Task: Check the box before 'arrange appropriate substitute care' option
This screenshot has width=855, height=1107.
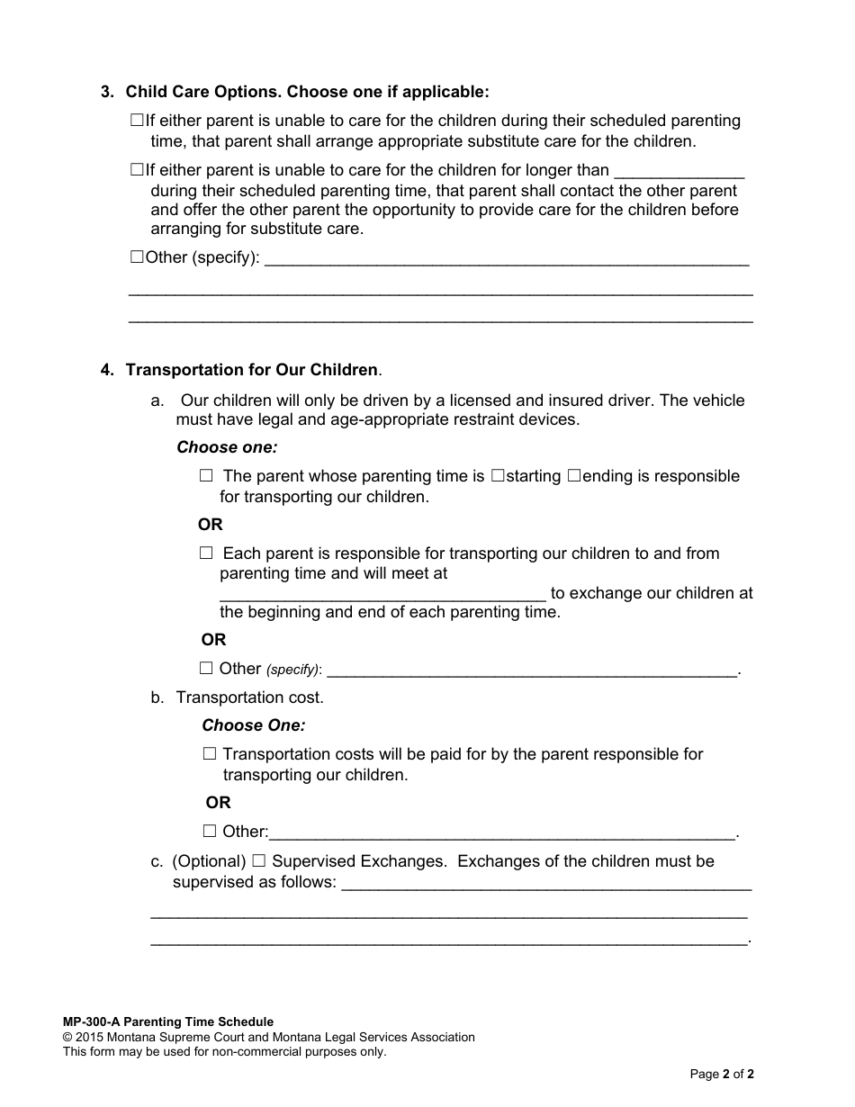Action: [x=137, y=120]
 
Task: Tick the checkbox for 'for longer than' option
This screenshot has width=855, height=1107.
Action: [x=137, y=169]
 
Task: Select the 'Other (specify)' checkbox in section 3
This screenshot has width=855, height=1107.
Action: [x=137, y=257]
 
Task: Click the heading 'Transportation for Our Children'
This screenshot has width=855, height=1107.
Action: [x=252, y=370]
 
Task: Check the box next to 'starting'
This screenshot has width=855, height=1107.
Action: [x=498, y=476]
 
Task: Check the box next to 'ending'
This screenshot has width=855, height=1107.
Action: [x=574, y=476]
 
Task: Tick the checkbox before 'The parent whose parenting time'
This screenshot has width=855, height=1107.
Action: [x=206, y=475]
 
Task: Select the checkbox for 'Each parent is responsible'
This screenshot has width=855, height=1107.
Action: [x=206, y=553]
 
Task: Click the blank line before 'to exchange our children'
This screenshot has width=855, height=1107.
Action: [x=382, y=594]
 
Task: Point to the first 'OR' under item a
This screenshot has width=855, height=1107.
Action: [x=211, y=525]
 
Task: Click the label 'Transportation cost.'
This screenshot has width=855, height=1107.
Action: [x=250, y=697]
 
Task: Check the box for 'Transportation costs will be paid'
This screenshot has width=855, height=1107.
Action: [x=210, y=754]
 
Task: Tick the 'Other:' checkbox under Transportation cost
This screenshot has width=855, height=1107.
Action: [x=210, y=832]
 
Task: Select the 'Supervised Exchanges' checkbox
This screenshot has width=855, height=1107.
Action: [x=259, y=861]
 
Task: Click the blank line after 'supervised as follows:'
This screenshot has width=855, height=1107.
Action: [x=546, y=884]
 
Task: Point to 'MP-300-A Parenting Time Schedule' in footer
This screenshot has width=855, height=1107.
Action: [x=168, y=1021]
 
